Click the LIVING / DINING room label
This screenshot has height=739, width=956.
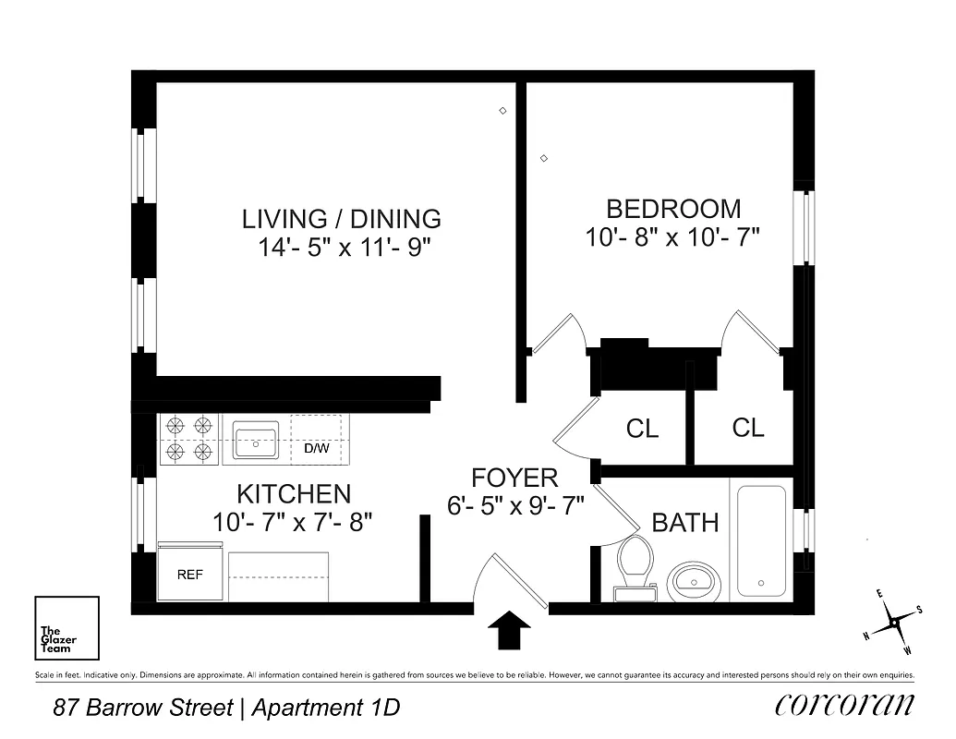pos(341,219)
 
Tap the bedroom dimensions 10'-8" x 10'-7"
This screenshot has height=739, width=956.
pos(672,237)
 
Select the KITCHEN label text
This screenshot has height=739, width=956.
pos(293,493)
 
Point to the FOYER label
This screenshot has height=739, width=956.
pos(514,478)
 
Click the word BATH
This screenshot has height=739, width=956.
pos(684,523)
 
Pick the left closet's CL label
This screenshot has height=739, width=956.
pos(642,430)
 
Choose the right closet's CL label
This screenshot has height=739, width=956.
pos(748,428)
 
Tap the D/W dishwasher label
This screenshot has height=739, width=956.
pos(317,450)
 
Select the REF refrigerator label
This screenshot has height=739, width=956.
pos(189,574)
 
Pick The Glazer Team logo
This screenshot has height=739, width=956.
pos(66,629)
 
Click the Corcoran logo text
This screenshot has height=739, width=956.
pos(844,704)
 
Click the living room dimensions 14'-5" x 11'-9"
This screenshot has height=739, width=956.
pos(343,248)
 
